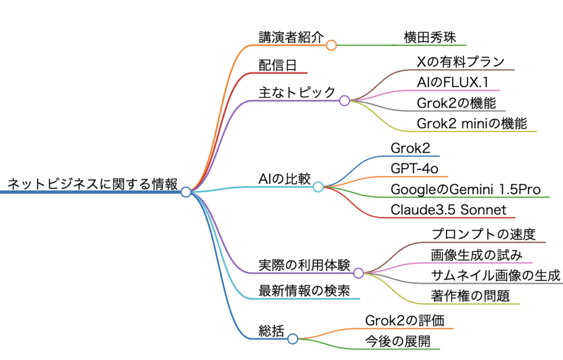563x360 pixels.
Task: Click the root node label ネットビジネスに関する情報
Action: coord(92,184)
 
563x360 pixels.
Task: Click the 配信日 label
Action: coord(277,65)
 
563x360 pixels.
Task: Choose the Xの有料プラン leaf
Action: coord(461,61)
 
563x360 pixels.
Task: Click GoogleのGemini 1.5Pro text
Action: coord(465,189)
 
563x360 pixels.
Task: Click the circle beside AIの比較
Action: coord(318,186)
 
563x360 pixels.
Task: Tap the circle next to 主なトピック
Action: coord(344,100)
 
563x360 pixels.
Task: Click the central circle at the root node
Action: coord(186,192)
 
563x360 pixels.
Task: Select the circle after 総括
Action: coord(292,339)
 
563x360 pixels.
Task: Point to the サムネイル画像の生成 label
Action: coord(496,275)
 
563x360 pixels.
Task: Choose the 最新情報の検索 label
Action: coord(304,291)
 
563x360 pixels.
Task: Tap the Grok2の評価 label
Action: coord(404,320)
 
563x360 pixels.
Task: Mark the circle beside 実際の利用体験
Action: coord(358,273)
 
